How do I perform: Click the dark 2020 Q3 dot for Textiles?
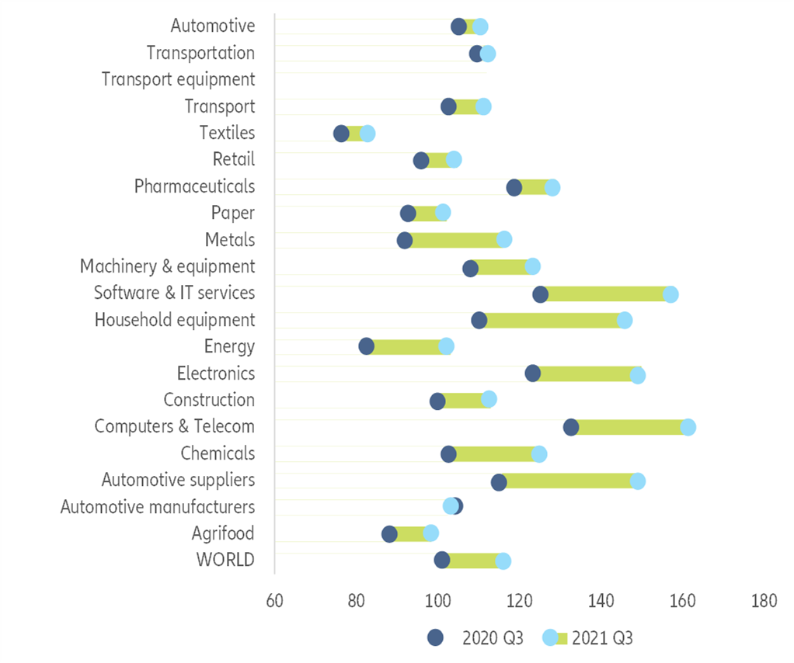tap(341, 134)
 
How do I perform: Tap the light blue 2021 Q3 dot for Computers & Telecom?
tap(688, 427)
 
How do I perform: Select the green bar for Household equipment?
tap(552, 321)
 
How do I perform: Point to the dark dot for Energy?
tap(366, 346)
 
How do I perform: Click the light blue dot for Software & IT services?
tap(670, 294)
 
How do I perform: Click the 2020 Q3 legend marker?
tap(435, 637)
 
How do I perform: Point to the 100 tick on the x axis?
tap(437, 600)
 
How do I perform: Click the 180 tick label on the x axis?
tap(764, 600)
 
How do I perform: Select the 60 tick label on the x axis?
tap(274, 600)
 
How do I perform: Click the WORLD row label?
tap(225, 560)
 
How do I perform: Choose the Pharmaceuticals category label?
tap(194, 186)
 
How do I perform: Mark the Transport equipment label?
tap(178, 79)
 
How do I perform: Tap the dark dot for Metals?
tap(405, 240)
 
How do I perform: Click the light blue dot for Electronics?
tap(638, 376)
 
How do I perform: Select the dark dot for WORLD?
tap(442, 560)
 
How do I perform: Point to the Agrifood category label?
tap(223, 533)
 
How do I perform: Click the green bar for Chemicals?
tap(494, 454)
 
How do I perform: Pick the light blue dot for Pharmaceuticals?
tap(552, 187)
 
